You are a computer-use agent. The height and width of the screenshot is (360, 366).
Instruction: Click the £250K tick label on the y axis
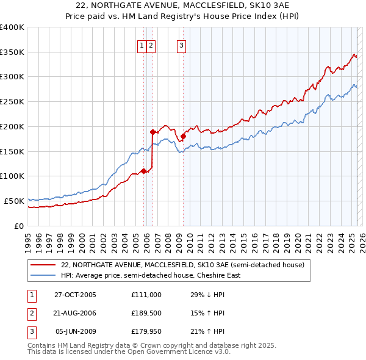(12, 101)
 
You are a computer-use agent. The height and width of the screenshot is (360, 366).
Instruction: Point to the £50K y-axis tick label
(14, 201)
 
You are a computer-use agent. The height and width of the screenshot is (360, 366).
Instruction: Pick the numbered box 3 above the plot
(182, 45)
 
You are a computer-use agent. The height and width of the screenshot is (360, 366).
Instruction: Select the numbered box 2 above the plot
(151, 45)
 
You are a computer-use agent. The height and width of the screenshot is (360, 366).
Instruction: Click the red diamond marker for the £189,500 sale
(152, 131)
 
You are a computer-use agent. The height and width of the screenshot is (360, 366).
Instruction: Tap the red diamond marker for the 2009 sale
(183, 136)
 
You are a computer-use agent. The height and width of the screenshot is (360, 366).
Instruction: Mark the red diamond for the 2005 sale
(144, 171)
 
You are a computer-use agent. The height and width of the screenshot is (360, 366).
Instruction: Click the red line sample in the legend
(42, 265)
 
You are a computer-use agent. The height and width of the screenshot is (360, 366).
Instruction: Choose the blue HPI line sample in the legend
(42, 275)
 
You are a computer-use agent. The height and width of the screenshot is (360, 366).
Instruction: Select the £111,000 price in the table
(146, 295)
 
